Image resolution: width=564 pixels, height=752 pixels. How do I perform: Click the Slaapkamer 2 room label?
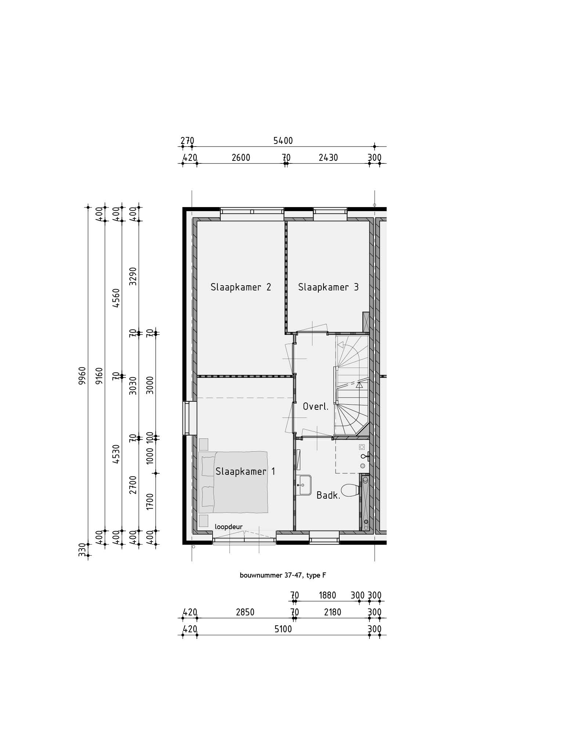pyautogui.click(x=241, y=287)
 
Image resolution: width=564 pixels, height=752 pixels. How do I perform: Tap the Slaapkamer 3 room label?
pyautogui.click(x=328, y=287)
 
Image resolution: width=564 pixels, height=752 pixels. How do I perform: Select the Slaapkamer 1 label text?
pyautogui.click(x=245, y=471)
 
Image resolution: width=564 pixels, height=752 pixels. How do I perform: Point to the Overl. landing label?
pyautogui.click(x=315, y=406)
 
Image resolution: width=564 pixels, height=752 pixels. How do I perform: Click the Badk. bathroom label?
pyautogui.click(x=328, y=495)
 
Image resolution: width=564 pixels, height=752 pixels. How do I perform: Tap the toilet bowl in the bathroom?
pyautogui.click(x=350, y=490)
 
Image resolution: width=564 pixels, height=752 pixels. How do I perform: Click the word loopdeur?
pyautogui.click(x=229, y=527)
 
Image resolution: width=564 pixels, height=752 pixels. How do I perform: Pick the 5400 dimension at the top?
pyautogui.click(x=283, y=141)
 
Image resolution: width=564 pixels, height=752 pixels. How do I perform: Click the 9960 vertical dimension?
pyautogui.click(x=82, y=375)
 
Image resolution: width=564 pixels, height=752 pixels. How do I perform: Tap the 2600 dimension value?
pyautogui.click(x=241, y=158)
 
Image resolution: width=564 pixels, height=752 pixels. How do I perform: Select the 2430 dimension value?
pyautogui.click(x=328, y=158)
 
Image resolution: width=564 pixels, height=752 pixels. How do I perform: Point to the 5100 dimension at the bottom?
pyautogui.click(x=283, y=629)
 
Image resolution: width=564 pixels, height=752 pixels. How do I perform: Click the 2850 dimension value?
pyautogui.click(x=245, y=612)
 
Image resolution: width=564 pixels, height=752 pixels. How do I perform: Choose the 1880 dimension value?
pyautogui.click(x=327, y=595)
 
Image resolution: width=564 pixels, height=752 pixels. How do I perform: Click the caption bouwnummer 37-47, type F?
pyautogui.click(x=283, y=576)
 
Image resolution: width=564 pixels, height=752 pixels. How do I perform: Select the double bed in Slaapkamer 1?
pyautogui.click(x=233, y=482)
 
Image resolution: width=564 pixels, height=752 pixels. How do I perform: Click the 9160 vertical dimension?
pyautogui.click(x=99, y=375)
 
